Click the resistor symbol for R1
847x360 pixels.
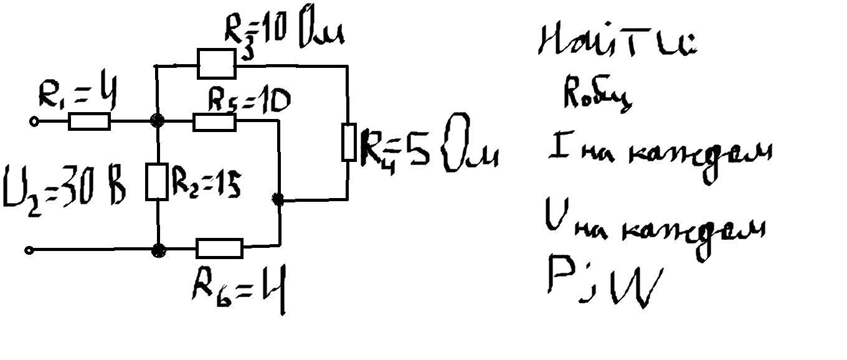(x=89, y=121)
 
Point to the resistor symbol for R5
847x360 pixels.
(x=215, y=121)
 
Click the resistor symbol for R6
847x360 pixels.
(x=219, y=249)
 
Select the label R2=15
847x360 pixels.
(x=206, y=184)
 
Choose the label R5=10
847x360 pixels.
(x=248, y=102)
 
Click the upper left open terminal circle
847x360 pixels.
(x=35, y=122)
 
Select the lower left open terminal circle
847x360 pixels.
(x=29, y=250)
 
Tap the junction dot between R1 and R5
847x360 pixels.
(x=159, y=121)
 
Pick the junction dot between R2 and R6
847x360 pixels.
(x=159, y=250)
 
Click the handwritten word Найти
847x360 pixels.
(x=617, y=42)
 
